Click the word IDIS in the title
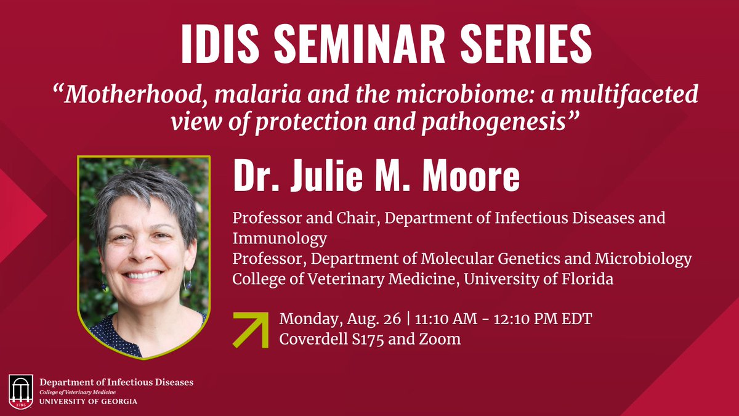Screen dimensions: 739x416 point(220,43)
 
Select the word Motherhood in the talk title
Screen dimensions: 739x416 point(133,95)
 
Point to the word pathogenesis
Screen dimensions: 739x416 point(494,123)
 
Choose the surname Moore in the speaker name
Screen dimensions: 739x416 point(471,175)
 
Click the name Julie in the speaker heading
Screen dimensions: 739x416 point(330,175)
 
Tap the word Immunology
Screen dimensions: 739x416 point(280,239)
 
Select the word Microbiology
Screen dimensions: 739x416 point(644,259)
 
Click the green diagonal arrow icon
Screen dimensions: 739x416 point(251,330)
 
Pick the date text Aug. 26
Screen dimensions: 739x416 point(374,319)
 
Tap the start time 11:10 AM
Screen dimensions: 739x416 point(446,319)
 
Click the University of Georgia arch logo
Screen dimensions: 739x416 point(21,391)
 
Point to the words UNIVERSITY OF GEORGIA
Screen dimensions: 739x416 point(88,401)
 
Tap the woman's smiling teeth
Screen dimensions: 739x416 point(143,275)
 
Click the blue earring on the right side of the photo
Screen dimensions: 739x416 point(190,285)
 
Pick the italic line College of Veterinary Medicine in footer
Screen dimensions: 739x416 point(78,392)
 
